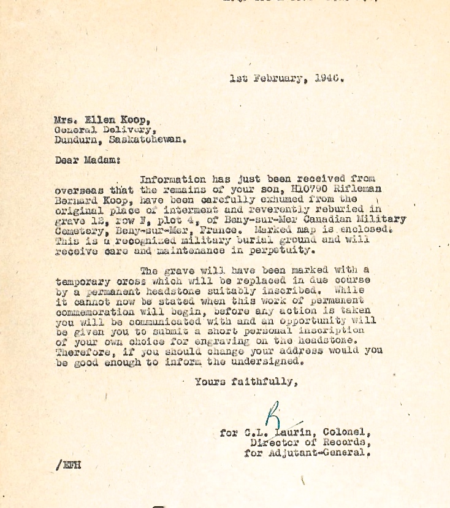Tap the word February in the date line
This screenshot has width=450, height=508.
tap(279, 79)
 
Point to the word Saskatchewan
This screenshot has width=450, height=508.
tap(147, 139)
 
